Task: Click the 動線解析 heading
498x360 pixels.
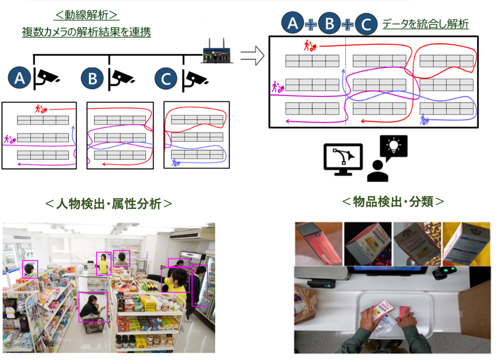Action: pos(86,15)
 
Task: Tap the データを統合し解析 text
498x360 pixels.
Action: pos(425,24)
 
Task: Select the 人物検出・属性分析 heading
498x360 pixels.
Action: pos(108,204)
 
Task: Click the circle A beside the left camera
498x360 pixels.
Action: pos(19,78)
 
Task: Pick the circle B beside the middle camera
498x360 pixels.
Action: pos(92,79)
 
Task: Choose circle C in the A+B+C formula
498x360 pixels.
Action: pos(366,24)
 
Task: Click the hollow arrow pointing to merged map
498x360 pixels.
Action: pos(252,56)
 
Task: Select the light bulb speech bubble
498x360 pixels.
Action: pos(393,147)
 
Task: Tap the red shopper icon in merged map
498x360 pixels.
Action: pos(310,46)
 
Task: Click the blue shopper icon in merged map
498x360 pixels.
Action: pos(424,119)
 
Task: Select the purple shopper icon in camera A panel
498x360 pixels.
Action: pos(9,139)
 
